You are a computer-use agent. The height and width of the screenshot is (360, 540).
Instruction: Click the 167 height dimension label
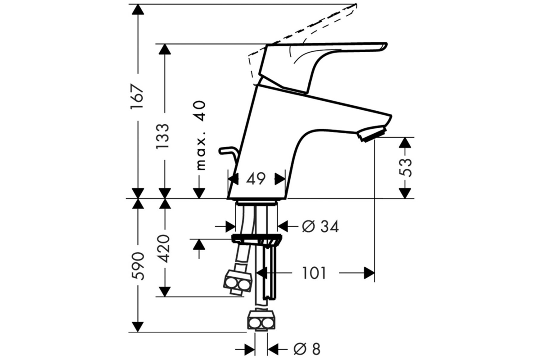coord(138,97)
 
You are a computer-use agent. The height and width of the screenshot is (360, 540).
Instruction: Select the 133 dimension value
coord(163,136)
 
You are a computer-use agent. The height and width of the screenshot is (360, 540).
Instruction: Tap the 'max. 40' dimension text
coord(201,135)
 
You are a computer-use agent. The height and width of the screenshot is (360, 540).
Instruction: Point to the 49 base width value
coord(256,179)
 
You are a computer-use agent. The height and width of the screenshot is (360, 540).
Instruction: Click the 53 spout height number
coord(405,167)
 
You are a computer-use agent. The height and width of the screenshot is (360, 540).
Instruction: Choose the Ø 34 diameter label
coord(320,226)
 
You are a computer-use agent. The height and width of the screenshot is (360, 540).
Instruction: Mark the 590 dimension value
coord(138,266)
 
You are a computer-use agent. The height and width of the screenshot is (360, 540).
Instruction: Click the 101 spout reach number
coord(314,273)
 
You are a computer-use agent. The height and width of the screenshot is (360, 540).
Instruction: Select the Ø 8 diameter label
coord(307,349)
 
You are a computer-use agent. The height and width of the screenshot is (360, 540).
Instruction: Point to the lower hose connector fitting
coord(261,320)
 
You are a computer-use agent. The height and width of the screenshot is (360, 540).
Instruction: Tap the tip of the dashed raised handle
coord(356,5)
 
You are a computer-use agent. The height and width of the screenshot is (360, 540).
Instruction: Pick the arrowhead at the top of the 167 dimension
coord(138,9)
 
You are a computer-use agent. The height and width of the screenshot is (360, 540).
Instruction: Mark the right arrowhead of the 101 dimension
coord(369,273)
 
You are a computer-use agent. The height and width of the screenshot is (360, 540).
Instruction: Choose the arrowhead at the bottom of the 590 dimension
coord(138,327)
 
